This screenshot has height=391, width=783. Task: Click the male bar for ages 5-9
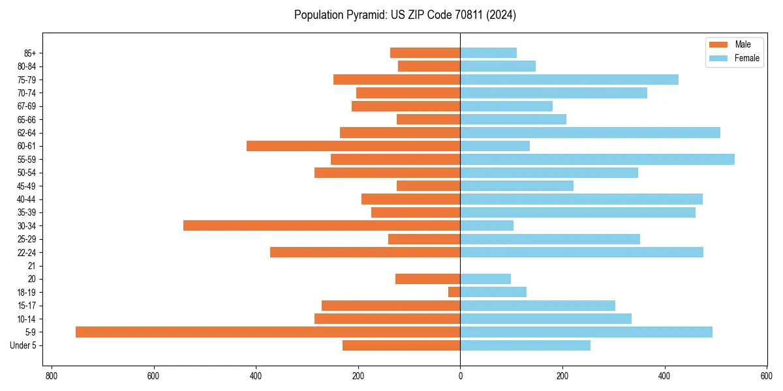point(268,332)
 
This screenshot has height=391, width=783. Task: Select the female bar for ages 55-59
point(597,160)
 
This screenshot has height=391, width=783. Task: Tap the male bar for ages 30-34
point(322,225)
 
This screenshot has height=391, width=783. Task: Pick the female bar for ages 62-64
point(590,133)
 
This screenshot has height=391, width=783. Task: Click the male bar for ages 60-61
point(353,146)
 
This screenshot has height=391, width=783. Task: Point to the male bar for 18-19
point(454,292)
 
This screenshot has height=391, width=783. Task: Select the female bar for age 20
point(485,279)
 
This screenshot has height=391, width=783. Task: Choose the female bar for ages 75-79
point(569,80)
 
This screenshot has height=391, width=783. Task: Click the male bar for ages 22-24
point(365,252)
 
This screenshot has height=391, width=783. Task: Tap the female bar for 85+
point(488,53)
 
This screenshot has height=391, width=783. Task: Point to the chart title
point(405,15)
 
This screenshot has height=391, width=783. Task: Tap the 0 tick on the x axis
point(460,376)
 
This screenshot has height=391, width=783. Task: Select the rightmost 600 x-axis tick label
point(767,376)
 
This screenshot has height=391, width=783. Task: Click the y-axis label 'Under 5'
point(23,345)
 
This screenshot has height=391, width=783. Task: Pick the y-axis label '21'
point(32,266)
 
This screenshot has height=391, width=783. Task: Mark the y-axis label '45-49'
point(27,186)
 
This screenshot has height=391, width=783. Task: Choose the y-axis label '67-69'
point(27,106)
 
